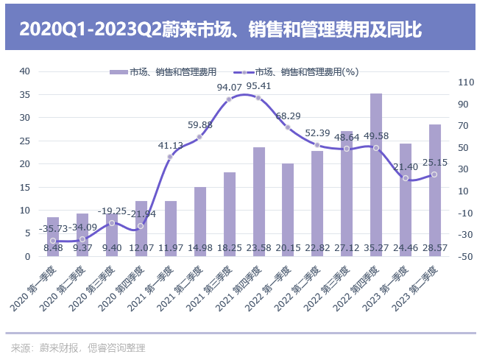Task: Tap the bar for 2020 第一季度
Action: tap(53, 236)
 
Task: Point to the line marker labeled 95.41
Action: tap(258, 97)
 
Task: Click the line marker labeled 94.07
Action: tap(229, 99)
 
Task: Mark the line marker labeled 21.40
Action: tap(406, 178)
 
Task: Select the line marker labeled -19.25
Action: tap(112, 222)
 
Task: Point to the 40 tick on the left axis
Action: tap(25, 71)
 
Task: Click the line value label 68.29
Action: tap(288, 116)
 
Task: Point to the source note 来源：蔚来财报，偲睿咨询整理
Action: tap(79, 347)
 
